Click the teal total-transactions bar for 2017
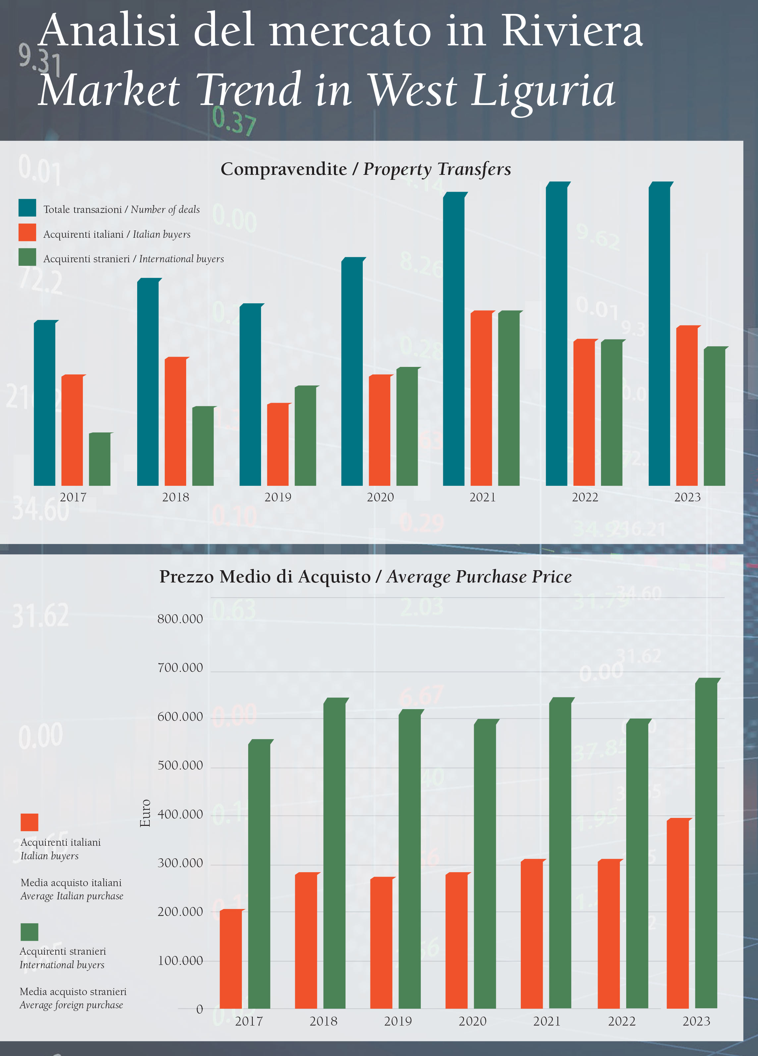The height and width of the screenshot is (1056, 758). [x=44, y=403]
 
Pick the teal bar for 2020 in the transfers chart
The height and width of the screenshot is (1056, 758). [x=352, y=372]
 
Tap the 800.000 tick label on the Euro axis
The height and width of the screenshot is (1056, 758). [x=180, y=619]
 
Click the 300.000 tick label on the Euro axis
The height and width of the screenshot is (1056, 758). [x=180, y=863]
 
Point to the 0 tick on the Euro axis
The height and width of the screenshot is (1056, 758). [x=199, y=1009]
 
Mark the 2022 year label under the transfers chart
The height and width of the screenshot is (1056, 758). [x=585, y=497]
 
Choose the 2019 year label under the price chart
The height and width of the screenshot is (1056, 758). [x=398, y=1021]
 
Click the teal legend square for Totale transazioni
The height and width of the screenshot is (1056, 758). [x=27, y=208]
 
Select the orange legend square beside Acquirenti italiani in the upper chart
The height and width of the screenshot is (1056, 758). [x=27, y=232]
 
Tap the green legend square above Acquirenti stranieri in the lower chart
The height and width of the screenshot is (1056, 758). [x=29, y=932]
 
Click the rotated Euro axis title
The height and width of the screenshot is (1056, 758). [x=145, y=813]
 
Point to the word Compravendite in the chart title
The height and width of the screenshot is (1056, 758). [x=284, y=169]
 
